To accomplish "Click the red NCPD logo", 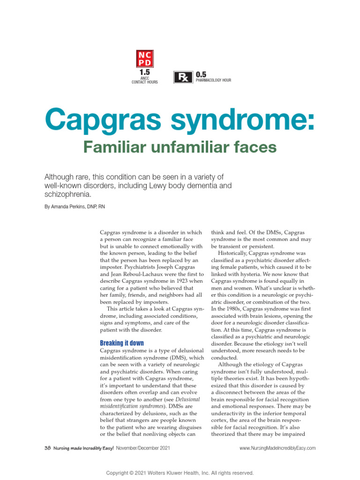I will (x=144, y=59).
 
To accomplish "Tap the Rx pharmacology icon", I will (x=183, y=77).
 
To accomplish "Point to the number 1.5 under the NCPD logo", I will (x=144, y=73).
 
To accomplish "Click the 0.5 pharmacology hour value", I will (x=201, y=75).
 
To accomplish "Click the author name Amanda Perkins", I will (x=73, y=206).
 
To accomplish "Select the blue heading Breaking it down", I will (x=122, y=343).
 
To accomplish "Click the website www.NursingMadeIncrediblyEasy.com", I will (x=277, y=448).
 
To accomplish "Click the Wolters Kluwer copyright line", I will (x=180, y=473).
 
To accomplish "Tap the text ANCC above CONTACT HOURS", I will (x=144, y=78).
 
